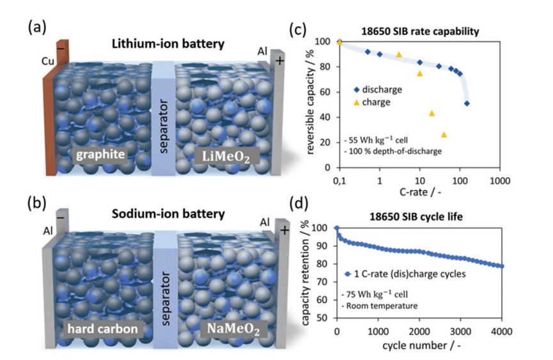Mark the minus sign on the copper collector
[60, 48]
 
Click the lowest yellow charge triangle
[444, 134]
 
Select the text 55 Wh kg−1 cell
[380, 139]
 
